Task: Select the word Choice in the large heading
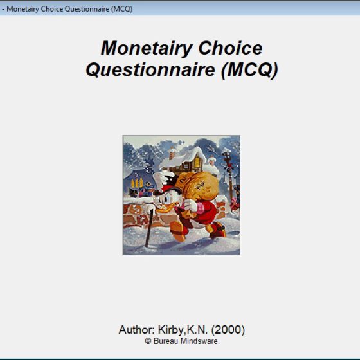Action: [x=230, y=48]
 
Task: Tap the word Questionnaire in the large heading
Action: [x=150, y=70]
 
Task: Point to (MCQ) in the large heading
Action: [x=249, y=71]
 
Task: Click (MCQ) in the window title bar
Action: [x=122, y=9]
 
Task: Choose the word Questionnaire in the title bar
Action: [x=87, y=9]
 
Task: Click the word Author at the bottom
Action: [x=136, y=330]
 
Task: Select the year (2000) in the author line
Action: [x=228, y=330]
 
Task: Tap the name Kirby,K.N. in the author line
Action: [x=183, y=330]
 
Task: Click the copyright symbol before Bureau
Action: [x=148, y=341]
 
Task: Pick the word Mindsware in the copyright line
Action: [x=199, y=341]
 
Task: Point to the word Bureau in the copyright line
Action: [x=166, y=341]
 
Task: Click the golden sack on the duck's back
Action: [x=197, y=186]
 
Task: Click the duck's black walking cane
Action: [x=149, y=228]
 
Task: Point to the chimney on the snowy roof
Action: [x=172, y=152]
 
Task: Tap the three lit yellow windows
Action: [x=137, y=183]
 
